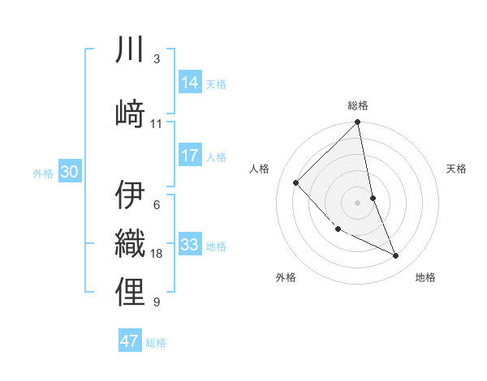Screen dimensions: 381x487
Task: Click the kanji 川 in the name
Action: pos(131,50)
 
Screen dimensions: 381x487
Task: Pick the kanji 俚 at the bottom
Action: pos(131,292)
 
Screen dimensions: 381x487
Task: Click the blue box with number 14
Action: pos(191,83)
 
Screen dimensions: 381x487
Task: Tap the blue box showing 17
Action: pos(191,156)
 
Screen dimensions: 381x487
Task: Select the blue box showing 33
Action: pos(191,245)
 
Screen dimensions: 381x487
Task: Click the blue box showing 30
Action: pos(69,172)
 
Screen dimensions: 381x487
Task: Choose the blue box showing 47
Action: pos(130,341)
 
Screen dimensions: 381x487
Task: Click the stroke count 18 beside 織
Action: pos(157,254)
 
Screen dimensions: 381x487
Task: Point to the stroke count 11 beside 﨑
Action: pos(157,124)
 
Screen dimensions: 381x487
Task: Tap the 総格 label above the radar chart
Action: pos(358,105)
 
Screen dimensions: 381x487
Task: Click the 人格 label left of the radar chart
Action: pos(260,169)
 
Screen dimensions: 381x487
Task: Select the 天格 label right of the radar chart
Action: pos(456,169)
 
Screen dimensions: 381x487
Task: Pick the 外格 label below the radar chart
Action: pos(285,277)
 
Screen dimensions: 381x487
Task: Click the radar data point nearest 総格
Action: pos(358,123)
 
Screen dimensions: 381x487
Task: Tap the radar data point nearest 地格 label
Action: pos(396,256)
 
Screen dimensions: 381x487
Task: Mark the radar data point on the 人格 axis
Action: pos(296,182)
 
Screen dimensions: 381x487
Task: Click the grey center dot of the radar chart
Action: pos(358,202)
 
